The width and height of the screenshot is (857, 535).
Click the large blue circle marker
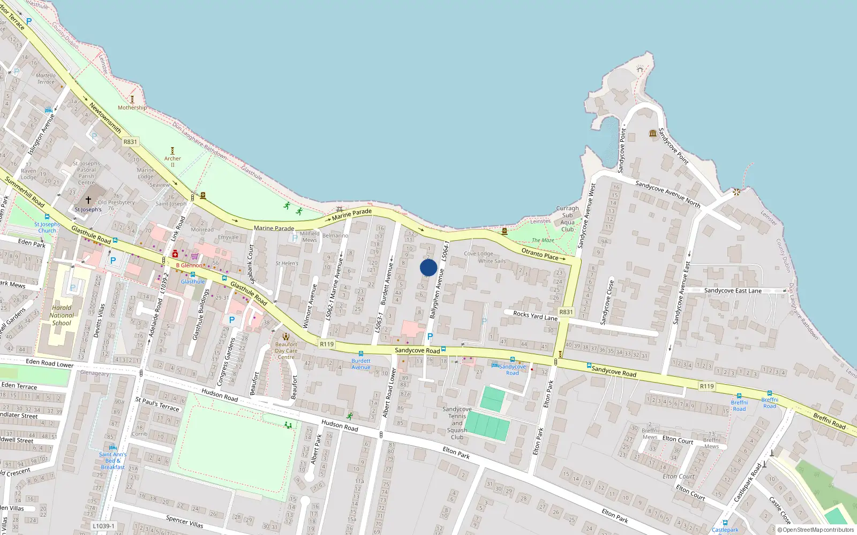point(428,267)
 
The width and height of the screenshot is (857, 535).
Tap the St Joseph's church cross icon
point(88,201)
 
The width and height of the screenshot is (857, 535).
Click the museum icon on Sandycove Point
point(652,133)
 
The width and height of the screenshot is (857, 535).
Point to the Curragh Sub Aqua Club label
point(567,218)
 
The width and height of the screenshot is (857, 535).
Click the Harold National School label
point(62,315)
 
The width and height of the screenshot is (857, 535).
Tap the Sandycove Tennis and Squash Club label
point(457,423)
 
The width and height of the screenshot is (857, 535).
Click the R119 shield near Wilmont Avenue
point(326,344)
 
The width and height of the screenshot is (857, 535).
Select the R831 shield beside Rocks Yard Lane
point(566,312)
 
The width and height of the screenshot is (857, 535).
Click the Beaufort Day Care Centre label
point(286,350)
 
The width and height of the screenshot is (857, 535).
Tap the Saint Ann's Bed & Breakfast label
point(112,461)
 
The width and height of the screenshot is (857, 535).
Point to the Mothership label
point(132,108)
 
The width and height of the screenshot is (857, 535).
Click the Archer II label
point(172,162)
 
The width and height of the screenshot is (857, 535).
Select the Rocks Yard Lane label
point(535,316)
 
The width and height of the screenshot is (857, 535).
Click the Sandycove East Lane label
point(733,291)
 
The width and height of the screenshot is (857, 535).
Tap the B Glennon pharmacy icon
point(175,254)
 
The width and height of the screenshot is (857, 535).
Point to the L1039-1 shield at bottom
point(103,526)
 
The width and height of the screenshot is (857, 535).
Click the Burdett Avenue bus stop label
point(361,364)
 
